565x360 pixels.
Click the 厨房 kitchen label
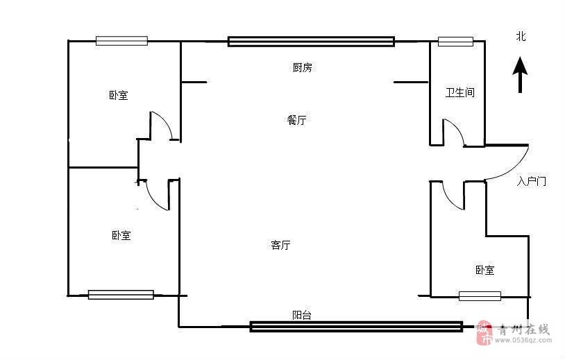tap(302, 68)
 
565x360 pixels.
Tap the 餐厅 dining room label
tap(296, 120)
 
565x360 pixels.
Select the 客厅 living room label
tap(280, 245)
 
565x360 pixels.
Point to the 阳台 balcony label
tap(302, 315)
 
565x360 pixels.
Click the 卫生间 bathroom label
tap(459, 92)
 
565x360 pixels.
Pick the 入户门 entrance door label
tap(532, 182)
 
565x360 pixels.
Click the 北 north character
tap(521, 37)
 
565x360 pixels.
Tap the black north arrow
tap(520, 75)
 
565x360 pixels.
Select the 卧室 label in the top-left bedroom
tap(118, 95)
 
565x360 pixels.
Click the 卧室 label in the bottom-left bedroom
tap(121, 236)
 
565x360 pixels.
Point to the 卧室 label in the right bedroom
tap(484, 270)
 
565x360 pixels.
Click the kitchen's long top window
tap(311, 42)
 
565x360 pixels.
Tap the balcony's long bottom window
tap(356, 326)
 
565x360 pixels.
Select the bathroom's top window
tap(455, 42)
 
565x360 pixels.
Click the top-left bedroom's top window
tap(121, 41)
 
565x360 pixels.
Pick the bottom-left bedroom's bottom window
tap(121, 295)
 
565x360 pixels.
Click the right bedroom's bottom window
tap(480, 296)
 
